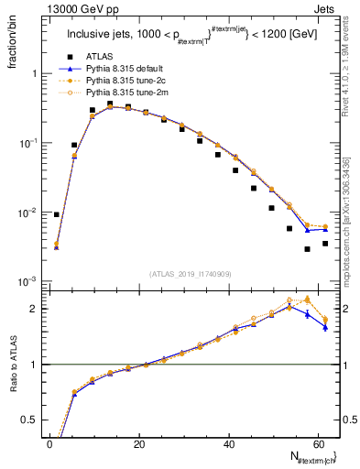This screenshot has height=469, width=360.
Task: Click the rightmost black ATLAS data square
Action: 325,244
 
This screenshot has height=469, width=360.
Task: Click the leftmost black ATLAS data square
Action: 57,214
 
